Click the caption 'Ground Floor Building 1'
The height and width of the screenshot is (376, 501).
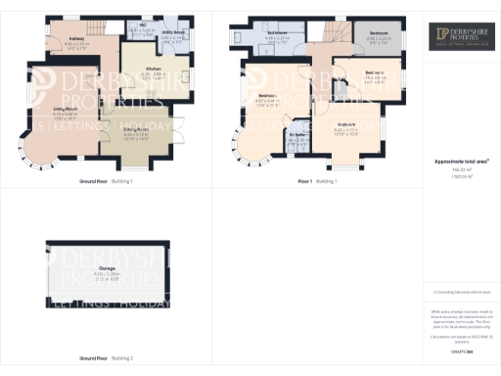coord(106,182)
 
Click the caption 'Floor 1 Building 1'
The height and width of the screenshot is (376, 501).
coord(317,182)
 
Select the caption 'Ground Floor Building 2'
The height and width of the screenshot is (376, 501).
coord(106,358)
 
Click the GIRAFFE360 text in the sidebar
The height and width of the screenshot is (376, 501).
coord(463,351)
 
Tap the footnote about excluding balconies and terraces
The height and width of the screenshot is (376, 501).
coord(463,292)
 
